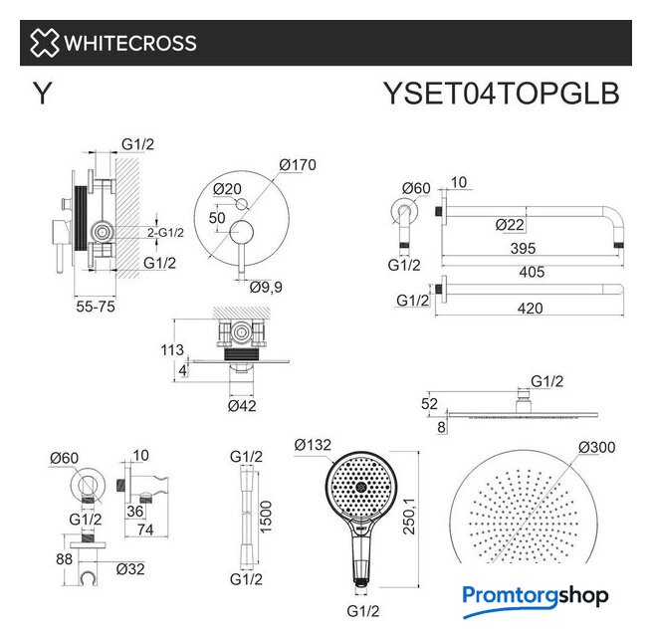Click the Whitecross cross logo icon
[44, 43]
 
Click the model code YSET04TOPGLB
[501, 94]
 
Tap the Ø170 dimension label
[298, 165]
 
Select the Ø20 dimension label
[227, 189]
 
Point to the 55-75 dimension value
[96, 307]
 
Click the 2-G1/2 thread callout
[165, 233]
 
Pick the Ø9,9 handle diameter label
[266, 287]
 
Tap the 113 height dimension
[172, 350]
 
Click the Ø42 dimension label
[242, 406]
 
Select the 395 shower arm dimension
[524, 248]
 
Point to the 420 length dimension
[531, 309]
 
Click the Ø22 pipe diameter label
[510, 225]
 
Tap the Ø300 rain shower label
[597, 448]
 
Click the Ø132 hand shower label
[313, 445]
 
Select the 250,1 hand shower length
[409, 516]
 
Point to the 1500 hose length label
[266, 517]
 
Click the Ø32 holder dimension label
[130, 569]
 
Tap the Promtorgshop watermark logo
[536, 599]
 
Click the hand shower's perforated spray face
[360, 486]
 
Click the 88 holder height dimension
[64, 559]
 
